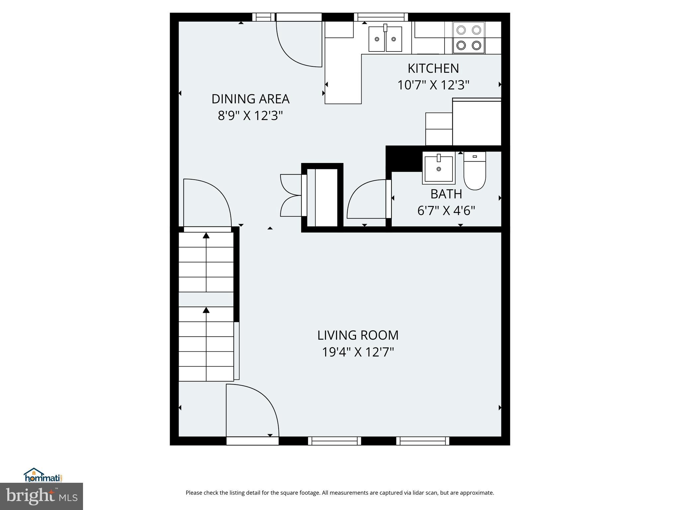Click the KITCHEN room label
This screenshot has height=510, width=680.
pos(433,68)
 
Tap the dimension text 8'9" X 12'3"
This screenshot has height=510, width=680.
pos(250,116)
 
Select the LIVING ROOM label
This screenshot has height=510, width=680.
pos(358,335)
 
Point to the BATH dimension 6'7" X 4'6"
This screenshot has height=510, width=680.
pos(446,211)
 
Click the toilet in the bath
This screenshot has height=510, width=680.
pos(474,171)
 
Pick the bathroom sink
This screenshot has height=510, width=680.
pos(439,168)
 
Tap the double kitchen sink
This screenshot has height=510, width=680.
pos(385,39)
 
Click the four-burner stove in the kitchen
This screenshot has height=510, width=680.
pos(468,38)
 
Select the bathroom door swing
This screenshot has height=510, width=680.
pos(365,199)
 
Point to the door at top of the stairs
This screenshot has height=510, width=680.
pos(208,203)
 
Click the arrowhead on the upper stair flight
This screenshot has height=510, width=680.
pos(206,236)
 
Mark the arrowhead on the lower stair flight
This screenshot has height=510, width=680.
pos(206,310)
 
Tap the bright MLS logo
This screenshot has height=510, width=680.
pos(42,496)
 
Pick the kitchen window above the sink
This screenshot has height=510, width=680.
pos(381,17)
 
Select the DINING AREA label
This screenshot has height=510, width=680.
pos(250,99)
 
